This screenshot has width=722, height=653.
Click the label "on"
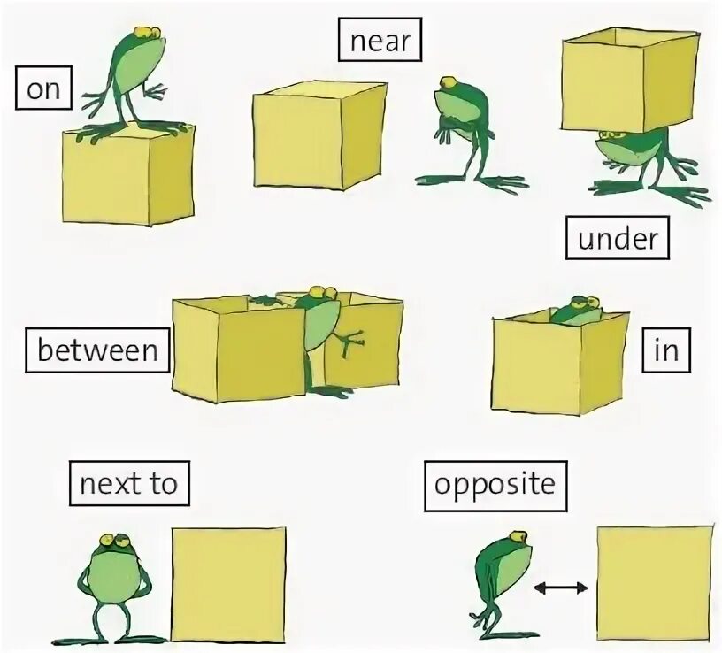click(x=43, y=89)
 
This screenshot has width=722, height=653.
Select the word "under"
click(x=618, y=238)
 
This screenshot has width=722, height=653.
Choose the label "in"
click(x=665, y=350)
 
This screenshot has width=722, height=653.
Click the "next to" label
click(x=129, y=484)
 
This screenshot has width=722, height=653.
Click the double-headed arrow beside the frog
click(x=562, y=586)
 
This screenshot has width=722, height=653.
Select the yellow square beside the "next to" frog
click(x=228, y=584)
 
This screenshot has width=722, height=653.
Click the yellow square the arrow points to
click(x=655, y=584)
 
